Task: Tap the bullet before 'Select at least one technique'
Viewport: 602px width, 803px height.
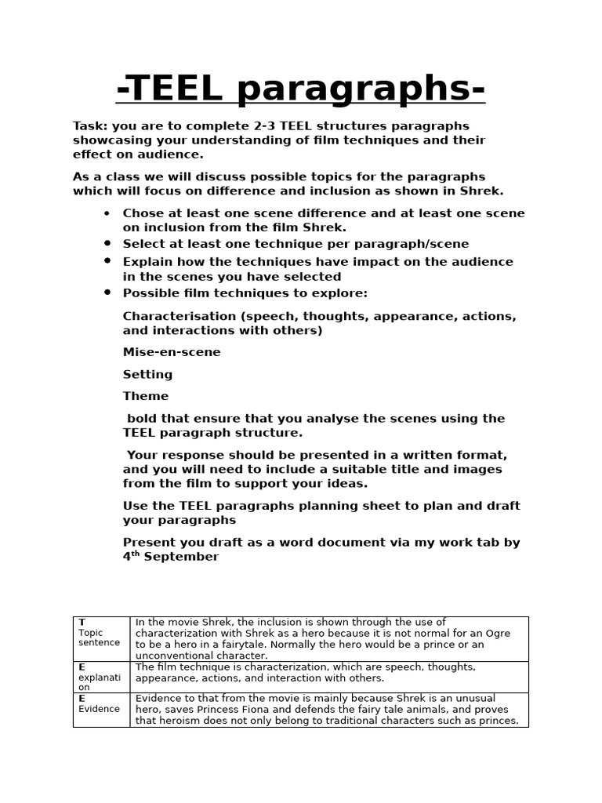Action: pyautogui.click(x=107, y=243)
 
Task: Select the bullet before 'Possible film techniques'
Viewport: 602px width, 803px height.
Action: pyautogui.click(x=107, y=292)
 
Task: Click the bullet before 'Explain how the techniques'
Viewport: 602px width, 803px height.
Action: pyautogui.click(x=107, y=260)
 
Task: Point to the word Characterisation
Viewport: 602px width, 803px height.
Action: pyautogui.click(x=180, y=316)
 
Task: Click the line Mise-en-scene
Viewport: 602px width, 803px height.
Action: pyautogui.click(x=172, y=352)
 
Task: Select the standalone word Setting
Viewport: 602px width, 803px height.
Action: pyautogui.click(x=147, y=374)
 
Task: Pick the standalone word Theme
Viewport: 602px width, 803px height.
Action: pyautogui.click(x=146, y=396)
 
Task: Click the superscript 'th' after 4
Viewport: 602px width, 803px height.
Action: pyautogui.click(x=136, y=554)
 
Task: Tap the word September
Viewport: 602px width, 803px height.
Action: pyautogui.click(x=182, y=557)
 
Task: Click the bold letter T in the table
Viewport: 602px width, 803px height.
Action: pyautogui.click(x=82, y=622)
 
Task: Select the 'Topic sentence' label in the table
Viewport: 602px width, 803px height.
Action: pyautogui.click(x=99, y=638)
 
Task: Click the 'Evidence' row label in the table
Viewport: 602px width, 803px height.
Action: pyautogui.click(x=99, y=709)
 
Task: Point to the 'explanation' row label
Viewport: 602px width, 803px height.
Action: pyautogui.click(x=99, y=677)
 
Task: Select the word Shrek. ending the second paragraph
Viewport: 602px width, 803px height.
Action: pyautogui.click(x=483, y=191)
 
